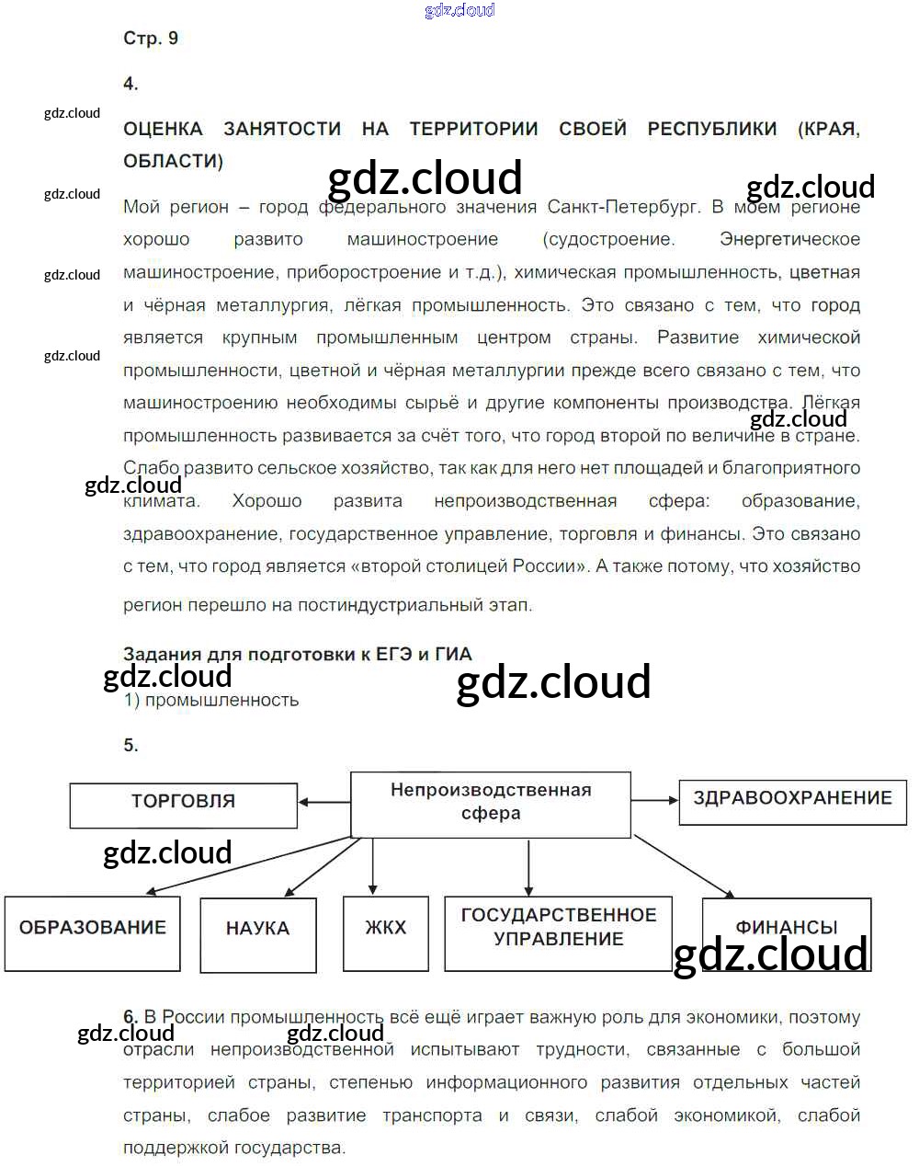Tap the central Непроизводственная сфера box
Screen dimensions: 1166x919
[491, 804]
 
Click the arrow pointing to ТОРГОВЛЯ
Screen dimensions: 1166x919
[323, 803]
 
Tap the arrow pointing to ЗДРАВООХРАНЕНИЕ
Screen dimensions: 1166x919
[654, 801]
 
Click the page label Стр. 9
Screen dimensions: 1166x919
[151, 39]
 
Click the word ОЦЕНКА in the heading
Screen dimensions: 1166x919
[163, 130]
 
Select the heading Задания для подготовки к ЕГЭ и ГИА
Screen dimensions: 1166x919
[298, 655]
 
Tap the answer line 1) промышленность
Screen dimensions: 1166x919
[211, 700]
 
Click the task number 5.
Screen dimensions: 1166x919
[130, 746]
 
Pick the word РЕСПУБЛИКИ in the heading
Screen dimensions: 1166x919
[712, 130]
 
